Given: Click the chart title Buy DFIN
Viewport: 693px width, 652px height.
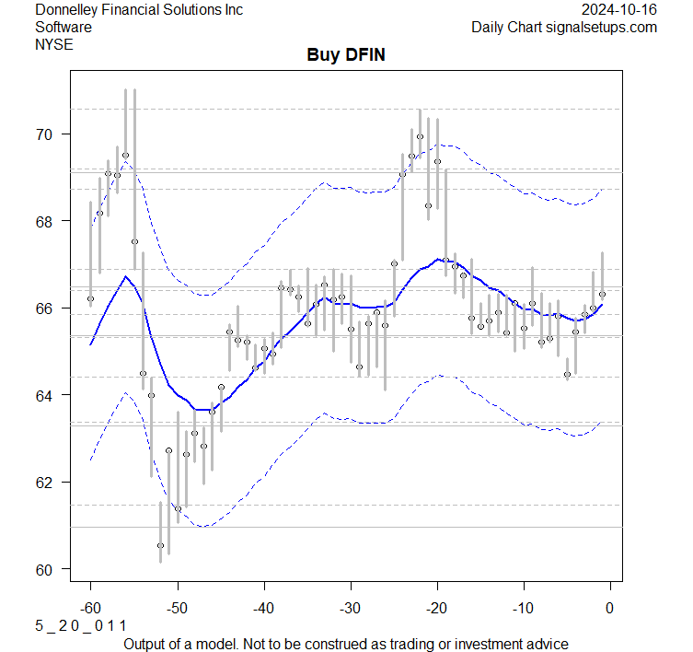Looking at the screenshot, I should tap(346, 55).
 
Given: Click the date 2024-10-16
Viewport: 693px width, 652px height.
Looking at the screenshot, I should tap(619, 9).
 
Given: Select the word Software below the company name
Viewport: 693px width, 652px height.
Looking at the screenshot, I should tap(64, 27).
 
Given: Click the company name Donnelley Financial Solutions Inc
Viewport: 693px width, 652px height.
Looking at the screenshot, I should tap(139, 9).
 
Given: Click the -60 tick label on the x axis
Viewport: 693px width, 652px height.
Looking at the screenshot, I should tap(90, 608).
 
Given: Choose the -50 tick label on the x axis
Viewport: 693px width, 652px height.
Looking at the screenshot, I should tap(177, 608).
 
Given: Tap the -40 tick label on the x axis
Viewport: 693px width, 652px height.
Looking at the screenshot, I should tap(263, 608).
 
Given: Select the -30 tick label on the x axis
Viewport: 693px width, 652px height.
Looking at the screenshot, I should tap(350, 608).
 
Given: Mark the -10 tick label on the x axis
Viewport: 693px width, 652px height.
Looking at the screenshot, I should tap(523, 608).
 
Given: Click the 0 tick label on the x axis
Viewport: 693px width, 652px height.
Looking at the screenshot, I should tap(609, 608).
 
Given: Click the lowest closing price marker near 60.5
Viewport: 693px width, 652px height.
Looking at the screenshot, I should tap(160, 545).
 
